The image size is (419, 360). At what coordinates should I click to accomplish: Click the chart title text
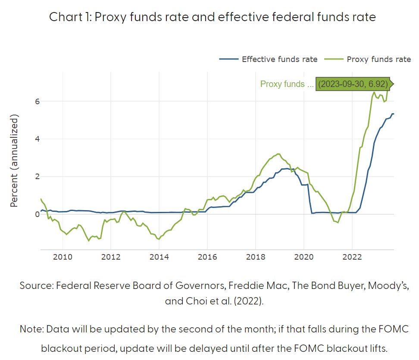coord(213,17)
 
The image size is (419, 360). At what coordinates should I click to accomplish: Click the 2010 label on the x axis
coord(63,258)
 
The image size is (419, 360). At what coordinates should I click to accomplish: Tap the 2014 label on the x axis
coord(159,258)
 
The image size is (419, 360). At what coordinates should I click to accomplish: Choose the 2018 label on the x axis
coord(255,258)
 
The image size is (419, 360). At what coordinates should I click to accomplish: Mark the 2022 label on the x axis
coord(352,258)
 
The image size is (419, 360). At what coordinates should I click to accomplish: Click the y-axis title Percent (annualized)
coord(14,161)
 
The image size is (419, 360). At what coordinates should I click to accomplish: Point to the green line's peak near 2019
coord(278,154)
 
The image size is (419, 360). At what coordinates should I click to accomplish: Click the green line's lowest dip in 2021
coord(338,222)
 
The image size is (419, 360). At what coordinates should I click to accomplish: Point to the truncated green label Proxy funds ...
coord(287,84)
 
